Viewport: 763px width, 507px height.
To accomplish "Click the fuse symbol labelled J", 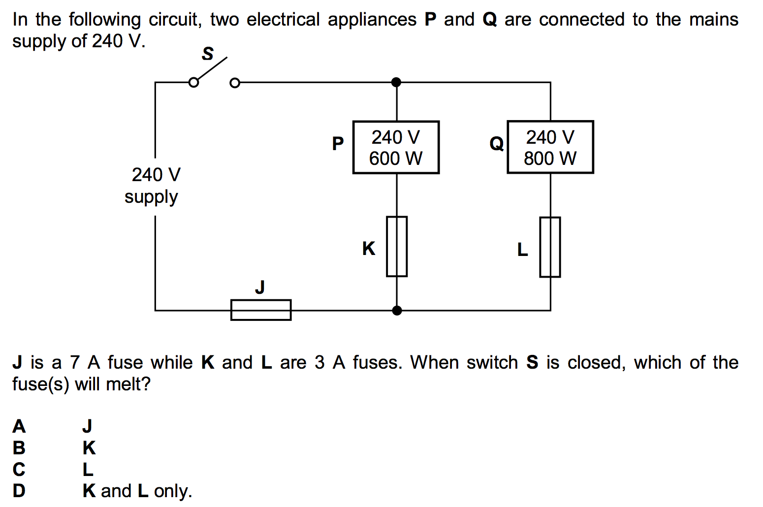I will (x=261, y=310).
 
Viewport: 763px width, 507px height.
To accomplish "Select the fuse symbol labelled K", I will (x=397, y=246).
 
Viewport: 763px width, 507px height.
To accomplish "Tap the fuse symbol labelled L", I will (x=550, y=247).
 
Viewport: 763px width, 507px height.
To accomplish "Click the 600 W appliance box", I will (x=396, y=147).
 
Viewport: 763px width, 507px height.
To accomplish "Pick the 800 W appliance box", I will (x=550, y=147).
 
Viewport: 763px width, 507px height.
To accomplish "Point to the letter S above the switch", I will (x=208, y=53).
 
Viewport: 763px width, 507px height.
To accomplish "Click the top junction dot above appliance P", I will (x=396, y=82).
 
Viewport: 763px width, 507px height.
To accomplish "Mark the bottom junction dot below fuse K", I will (x=397, y=311).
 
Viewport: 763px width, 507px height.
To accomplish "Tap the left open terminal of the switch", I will (x=194, y=83).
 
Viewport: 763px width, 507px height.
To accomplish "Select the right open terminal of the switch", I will (x=235, y=83).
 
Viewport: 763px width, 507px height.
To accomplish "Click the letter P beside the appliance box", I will (x=338, y=143).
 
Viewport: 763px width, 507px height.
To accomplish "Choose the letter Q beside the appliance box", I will (x=496, y=144).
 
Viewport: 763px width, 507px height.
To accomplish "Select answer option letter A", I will (x=19, y=426).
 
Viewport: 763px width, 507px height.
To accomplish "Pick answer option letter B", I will (x=19, y=447).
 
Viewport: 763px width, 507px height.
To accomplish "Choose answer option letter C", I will (x=19, y=469).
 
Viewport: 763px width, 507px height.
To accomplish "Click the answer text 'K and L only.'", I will (x=137, y=491).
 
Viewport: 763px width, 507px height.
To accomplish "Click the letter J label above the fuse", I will (x=260, y=286).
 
